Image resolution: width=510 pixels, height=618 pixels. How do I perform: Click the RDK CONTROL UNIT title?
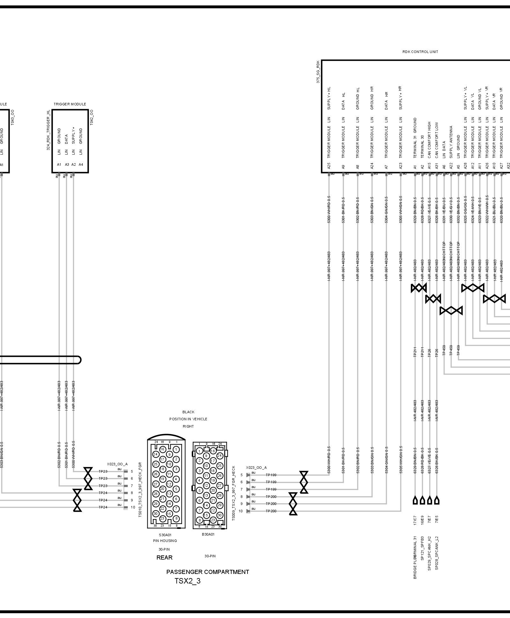coord(420,52)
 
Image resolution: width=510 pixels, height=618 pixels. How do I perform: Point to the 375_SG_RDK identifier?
coord(318,72)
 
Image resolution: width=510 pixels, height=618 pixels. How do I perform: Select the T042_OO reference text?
coord(92,117)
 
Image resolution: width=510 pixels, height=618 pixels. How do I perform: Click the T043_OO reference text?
coord(12,117)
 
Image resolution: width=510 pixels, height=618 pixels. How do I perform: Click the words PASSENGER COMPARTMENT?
coord(208,572)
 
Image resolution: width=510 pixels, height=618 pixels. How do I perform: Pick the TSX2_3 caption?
coord(188,581)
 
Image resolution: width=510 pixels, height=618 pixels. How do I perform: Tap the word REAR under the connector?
coord(164,558)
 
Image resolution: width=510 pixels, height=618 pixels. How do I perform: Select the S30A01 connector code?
coord(165,535)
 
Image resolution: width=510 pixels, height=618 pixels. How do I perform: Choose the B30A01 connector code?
coord(208,534)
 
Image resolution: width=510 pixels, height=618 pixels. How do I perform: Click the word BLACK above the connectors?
coord(188,412)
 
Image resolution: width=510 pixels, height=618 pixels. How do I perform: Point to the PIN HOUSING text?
coord(165,541)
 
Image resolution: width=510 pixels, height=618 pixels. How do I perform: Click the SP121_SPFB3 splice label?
coord(422,548)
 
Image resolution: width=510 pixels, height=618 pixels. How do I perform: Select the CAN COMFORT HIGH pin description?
coord(430,140)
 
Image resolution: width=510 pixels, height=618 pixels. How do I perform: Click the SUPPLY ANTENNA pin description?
coord(451,142)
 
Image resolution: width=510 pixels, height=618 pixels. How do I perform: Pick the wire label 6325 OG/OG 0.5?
coord(465,210)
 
